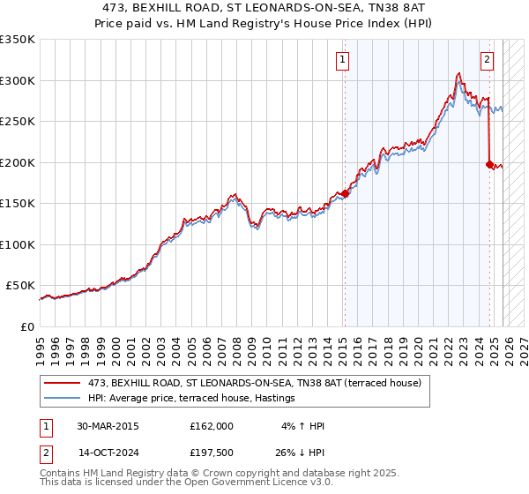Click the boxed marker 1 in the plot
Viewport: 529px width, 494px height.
(342, 60)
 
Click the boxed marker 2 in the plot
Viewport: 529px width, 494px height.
(488, 60)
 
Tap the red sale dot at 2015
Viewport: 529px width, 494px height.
(345, 194)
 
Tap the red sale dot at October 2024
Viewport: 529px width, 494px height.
(490, 164)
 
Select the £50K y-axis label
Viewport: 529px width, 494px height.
(20, 286)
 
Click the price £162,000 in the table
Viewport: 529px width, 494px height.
(211, 426)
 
